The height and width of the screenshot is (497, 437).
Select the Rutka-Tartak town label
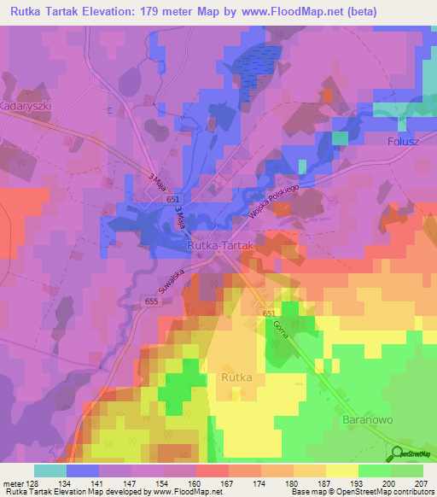[x=221, y=245]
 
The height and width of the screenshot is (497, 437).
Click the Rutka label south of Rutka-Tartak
[x=236, y=376]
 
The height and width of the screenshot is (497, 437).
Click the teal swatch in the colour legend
[x=50, y=471]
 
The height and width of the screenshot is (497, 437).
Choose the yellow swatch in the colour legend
[x=341, y=471]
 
